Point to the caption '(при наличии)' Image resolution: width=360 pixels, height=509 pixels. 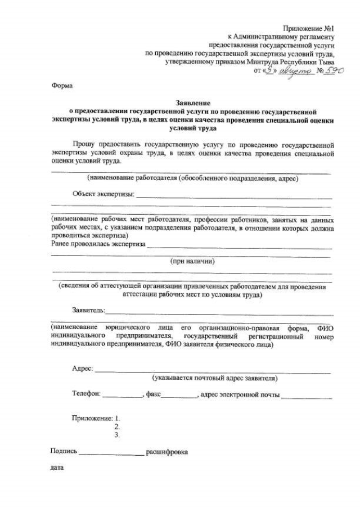pyautogui.click(x=193, y=261)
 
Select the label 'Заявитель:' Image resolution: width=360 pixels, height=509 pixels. pyautogui.click(x=88, y=310)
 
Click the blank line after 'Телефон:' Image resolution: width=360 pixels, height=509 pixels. pyautogui.click(x=123, y=397)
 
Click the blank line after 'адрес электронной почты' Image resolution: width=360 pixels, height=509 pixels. pyautogui.click(x=307, y=397)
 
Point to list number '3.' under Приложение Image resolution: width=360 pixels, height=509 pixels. pyautogui.click(x=117, y=435)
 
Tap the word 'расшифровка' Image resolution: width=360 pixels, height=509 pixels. pyautogui.click(x=167, y=452)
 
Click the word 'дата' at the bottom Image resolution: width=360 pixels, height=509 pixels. pyautogui.click(x=57, y=468)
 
